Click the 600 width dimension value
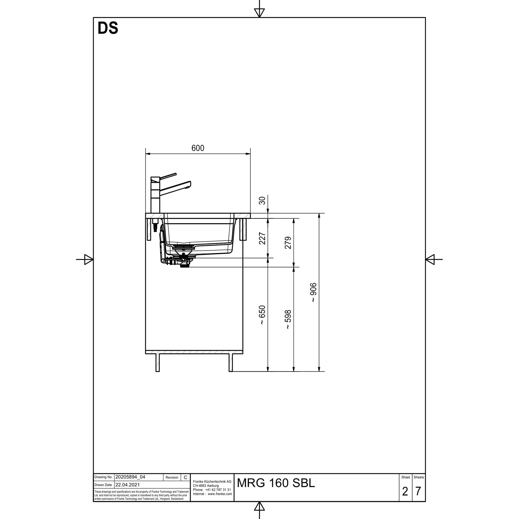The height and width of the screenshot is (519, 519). (x=198, y=148)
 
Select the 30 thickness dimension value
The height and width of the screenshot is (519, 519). (x=262, y=200)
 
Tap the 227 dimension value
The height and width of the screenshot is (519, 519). (x=262, y=238)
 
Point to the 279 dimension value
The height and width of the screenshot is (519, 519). (x=288, y=243)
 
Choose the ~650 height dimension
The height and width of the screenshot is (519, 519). (x=262, y=315)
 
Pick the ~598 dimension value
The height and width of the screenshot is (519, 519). (x=288, y=319)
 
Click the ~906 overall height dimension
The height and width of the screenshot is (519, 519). (x=313, y=292)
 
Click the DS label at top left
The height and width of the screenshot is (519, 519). (x=108, y=28)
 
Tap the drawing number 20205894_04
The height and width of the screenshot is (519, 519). (x=130, y=477)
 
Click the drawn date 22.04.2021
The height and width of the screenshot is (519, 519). (x=128, y=485)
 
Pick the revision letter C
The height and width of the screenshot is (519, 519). (x=185, y=477)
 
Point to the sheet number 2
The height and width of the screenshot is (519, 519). (x=405, y=491)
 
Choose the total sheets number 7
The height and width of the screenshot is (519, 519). (x=418, y=491)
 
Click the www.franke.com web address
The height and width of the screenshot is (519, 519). (x=220, y=494)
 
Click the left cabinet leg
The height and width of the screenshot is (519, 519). (x=158, y=363)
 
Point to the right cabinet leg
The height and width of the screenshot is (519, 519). (x=230, y=363)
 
